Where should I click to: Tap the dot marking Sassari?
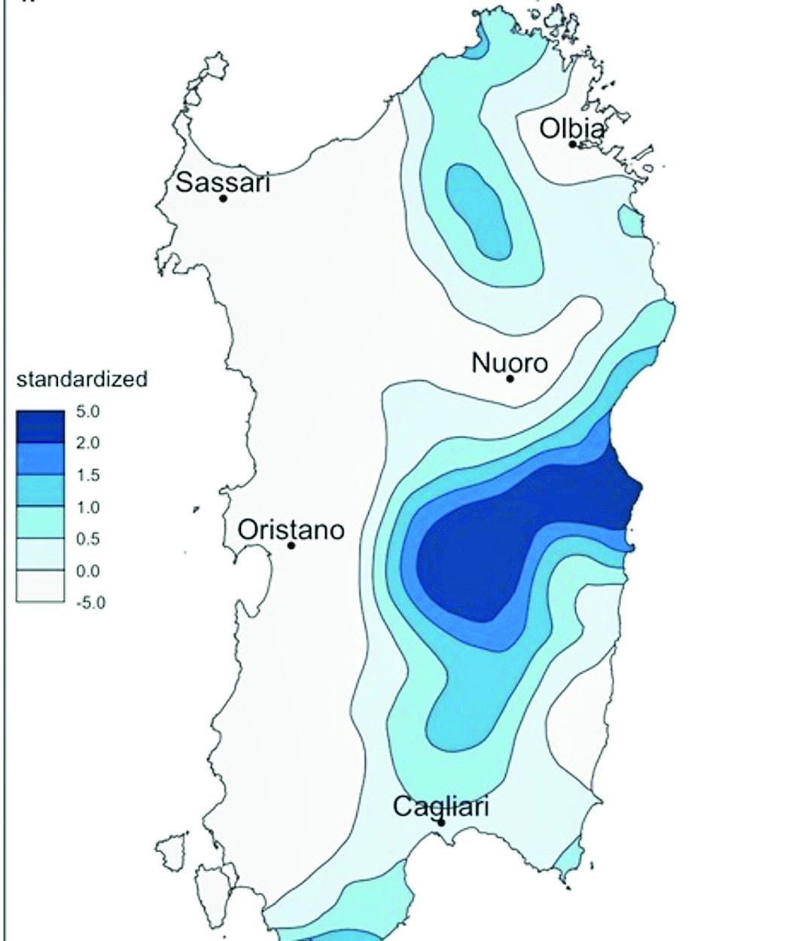pyautogui.click(x=224, y=199)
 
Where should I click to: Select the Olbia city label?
pyautogui.click(x=571, y=129)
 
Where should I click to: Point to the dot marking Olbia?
pyautogui.click(x=573, y=144)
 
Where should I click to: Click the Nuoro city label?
pyautogui.click(x=510, y=363)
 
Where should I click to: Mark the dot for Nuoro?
pyautogui.click(x=510, y=379)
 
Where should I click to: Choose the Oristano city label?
pyautogui.click(x=291, y=530)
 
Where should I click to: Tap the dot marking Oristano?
pyautogui.click(x=291, y=545)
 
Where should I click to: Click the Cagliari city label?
pyautogui.click(x=441, y=807)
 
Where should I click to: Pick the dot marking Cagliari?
pyautogui.click(x=442, y=822)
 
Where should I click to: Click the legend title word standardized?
pyautogui.click(x=82, y=379)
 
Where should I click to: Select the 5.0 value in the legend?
pyautogui.click(x=88, y=412)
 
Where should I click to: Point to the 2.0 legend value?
pyautogui.click(x=88, y=443)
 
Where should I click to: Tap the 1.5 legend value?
pyautogui.click(x=88, y=476)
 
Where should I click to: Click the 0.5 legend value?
pyautogui.click(x=88, y=539)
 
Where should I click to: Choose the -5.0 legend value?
pyautogui.click(x=90, y=603)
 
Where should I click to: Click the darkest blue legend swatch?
pyautogui.click(x=41, y=426)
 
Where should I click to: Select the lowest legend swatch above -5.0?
pyautogui.click(x=41, y=586)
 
